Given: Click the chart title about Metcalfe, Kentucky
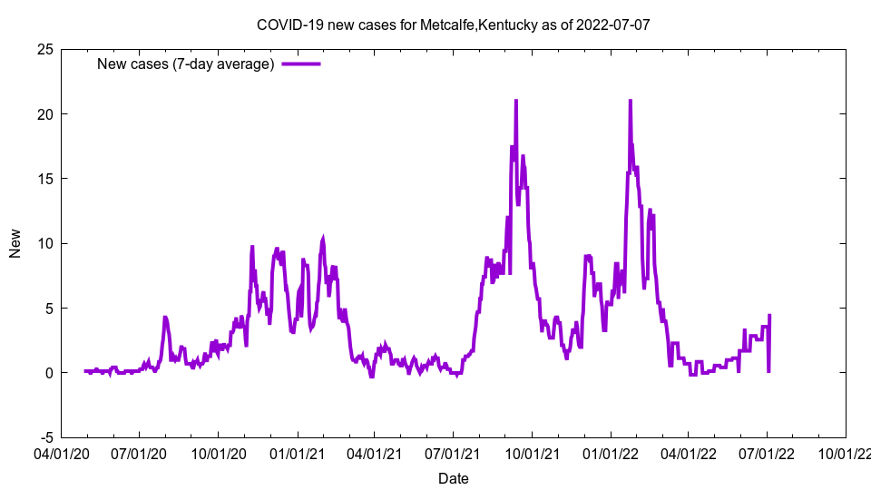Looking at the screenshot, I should click(x=453, y=24).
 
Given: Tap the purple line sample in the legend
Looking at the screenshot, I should click(x=301, y=64).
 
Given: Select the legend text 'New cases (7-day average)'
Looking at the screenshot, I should click(x=186, y=64).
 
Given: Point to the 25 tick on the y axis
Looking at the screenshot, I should click(x=44, y=49).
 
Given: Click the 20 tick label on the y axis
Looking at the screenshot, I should click(x=44, y=114).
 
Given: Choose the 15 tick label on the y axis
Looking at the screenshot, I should click(x=44, y=179).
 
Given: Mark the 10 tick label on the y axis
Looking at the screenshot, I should click(x=44, y=243).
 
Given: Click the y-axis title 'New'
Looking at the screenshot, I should click(x=15, y=243).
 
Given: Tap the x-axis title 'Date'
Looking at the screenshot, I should click(x=453, y=478).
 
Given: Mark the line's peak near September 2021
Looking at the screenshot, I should click(x=516, y=101).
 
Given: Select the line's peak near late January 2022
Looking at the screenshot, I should click(x=630, y=101).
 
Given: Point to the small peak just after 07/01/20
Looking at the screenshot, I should click(x=165, y=318).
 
